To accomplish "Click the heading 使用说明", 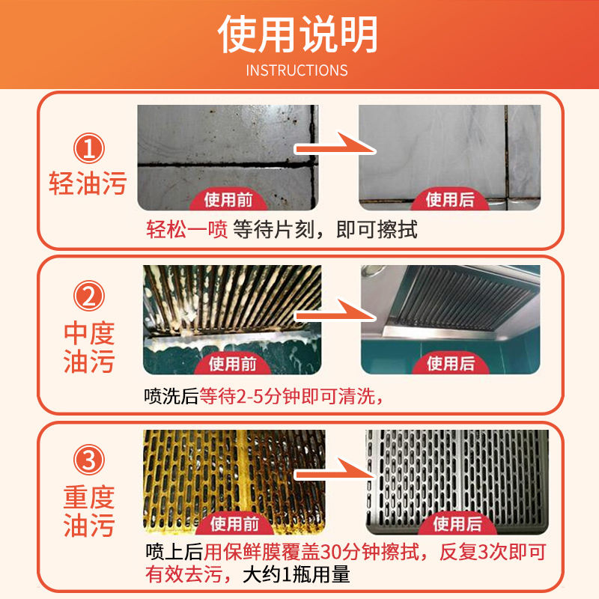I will pos(298,34).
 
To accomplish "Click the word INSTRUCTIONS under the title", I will pos(297,70).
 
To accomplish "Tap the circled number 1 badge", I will pos(88,149).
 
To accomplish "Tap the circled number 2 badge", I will pos(88,298).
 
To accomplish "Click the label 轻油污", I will pos(88,183).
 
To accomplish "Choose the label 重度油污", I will pos(88,511).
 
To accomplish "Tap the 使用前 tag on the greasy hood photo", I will pos(234,364).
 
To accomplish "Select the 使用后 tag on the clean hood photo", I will pos(451,364).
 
